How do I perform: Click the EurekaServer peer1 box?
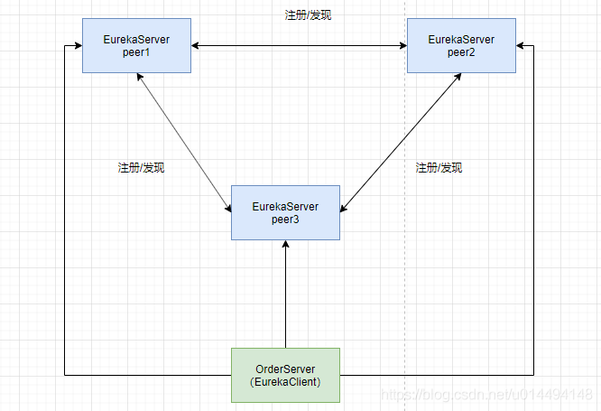tap(135, 45)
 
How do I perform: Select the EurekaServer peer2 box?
tap(461, 45)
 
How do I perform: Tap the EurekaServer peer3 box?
tap(285, 212)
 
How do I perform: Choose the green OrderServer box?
tap(285, 374)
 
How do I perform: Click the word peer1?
tap(135, 53)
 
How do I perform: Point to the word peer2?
tap(461, 53)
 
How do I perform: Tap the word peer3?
tap(285, 220)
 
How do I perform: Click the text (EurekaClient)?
tap(285, 382)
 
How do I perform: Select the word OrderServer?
tap(285, 368)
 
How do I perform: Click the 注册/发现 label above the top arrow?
tap(307, 15)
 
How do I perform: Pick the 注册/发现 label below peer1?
tap(141, 168)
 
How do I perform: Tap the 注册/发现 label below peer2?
tap(439, 168)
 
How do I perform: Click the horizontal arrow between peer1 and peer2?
tap(298, 45)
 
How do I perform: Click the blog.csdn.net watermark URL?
tap(487, 395)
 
